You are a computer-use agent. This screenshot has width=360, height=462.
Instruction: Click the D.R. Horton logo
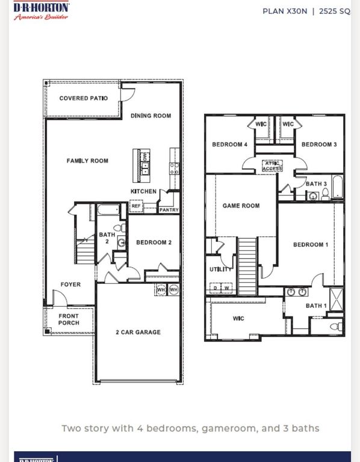click(41, 10)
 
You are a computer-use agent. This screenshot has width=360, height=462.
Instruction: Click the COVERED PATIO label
click(84, 98)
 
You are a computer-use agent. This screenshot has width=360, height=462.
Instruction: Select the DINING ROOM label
click(151, 115)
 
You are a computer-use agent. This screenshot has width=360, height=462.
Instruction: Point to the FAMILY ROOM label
click(87, 161)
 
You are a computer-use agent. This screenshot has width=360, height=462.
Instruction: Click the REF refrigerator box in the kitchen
click(136, 206)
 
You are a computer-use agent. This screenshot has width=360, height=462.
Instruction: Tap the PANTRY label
click(169, 210)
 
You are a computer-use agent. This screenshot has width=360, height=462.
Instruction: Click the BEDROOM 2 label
click(154, 242)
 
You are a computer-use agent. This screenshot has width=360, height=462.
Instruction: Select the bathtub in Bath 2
click(109, 211)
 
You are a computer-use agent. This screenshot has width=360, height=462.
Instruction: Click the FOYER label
click(70, 285)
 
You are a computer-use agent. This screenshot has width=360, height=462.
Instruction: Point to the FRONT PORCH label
click(69, 319)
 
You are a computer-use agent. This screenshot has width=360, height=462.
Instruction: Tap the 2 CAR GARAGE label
click(138, 332)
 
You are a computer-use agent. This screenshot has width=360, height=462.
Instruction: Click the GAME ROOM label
click(241, 206)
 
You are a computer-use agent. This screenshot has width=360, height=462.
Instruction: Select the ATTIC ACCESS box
click(272, 166)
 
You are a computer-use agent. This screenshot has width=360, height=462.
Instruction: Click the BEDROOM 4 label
click(229, 144)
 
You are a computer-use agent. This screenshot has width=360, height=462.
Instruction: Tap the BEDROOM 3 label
click(319, 144)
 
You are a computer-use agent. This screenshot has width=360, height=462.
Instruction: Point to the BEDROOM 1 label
click(311, 244)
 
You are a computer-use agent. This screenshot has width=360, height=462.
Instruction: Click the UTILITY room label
click(220, 269)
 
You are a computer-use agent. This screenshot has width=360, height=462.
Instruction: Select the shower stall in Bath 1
click(336, 298)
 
